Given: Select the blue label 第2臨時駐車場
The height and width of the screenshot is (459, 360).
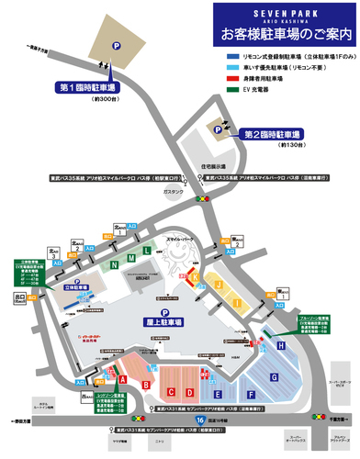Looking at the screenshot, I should [x=276, y=134].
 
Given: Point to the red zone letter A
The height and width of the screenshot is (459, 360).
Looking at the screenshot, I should [x=122, y=377].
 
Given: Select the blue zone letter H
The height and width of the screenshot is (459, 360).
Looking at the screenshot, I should [x=280, y=345].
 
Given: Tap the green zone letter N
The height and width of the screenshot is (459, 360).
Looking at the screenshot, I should [x=114, y=264].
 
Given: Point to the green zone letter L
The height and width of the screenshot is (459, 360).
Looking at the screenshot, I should [x=147, y=250].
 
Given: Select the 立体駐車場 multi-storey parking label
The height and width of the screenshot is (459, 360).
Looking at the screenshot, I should [x=75, y=286].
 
